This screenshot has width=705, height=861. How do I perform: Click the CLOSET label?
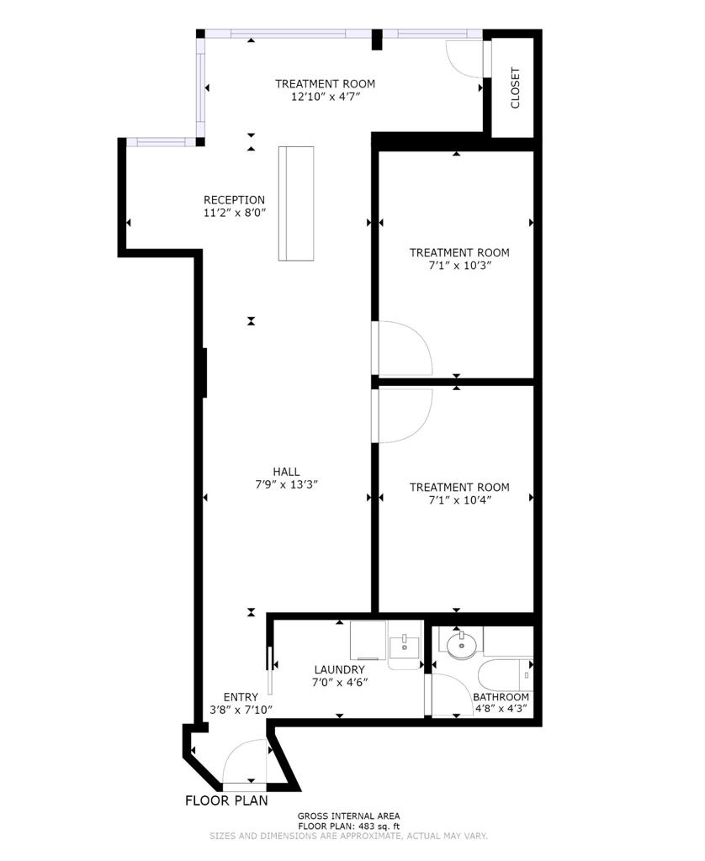coord(515,87)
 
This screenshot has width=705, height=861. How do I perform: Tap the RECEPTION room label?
coord(234,200)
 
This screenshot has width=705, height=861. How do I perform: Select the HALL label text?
coord(286,472)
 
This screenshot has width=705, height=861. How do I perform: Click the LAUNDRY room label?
coord(339,669)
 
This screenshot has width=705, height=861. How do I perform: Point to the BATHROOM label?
coord(501,697)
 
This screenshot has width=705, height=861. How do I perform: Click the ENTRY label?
coord(241,697)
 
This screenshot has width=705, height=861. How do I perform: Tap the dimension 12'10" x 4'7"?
coord(325,97)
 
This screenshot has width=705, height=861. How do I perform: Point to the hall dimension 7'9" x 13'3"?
coord(286,484)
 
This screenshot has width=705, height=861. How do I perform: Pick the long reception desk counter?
coord(296,203)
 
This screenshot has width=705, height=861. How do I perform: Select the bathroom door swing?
coord(450,695)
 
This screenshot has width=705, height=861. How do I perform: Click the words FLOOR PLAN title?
coord(226,800)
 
